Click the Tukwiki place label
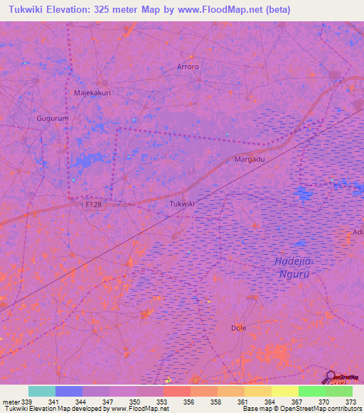coord(182,204)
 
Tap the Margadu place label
coord(250,160)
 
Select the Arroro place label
coord(188,67)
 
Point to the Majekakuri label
coord(92,93)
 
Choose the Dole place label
coord(239,328)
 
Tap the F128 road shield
coord(89,204)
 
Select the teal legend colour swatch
coord(42,391)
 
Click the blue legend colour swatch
coord(69,391)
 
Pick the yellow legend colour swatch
coord(284,391)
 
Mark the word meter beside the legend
coord(11,402)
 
